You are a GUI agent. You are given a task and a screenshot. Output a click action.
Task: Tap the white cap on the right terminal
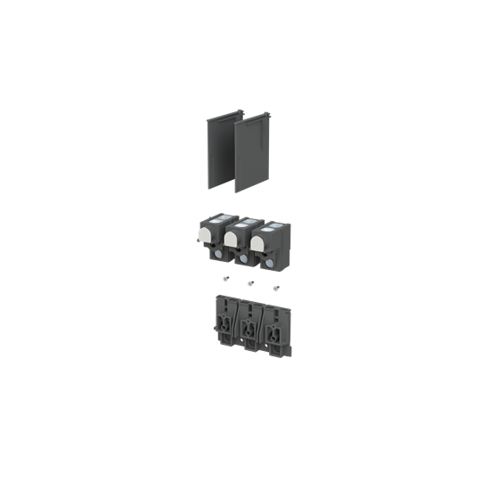coord(260,241)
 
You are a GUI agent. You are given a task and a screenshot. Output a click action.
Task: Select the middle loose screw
coord(250,283)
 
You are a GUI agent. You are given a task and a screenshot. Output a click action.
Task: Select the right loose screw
coord(275,288)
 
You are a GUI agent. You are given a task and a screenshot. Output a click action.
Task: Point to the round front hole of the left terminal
coord(218,253)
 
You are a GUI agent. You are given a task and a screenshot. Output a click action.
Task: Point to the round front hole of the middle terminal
coord(243,257)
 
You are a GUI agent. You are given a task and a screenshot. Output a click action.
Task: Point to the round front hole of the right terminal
coord(270,262)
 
